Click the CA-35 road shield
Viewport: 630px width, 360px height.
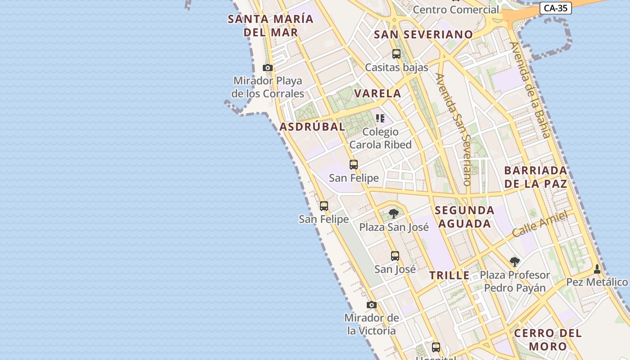point(555,8)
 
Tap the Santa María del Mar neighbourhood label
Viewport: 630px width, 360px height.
point(270,26)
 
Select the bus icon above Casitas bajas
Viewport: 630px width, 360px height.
point(396,54)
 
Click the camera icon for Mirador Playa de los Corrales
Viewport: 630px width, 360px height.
point(268,68)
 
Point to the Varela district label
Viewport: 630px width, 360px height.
point(378,94)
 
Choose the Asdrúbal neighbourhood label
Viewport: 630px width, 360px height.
point(312,127)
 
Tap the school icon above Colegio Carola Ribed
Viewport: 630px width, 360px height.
point(380,118)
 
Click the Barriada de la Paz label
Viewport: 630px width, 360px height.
point(535,177)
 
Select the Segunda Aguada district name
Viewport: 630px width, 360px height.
point(465,217)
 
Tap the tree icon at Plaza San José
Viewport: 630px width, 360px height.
point(394,213)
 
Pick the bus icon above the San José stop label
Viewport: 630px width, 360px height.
point(395,256)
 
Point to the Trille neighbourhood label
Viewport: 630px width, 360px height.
point(449,276)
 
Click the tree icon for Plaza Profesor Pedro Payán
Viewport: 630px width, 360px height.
point(514,262)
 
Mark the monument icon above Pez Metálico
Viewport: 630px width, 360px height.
point(597,269)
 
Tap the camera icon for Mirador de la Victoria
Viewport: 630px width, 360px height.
point(371,305)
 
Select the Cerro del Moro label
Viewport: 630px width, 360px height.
point(548,340)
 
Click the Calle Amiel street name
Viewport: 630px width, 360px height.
point(540,224)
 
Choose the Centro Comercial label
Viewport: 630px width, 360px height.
point(456,9)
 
